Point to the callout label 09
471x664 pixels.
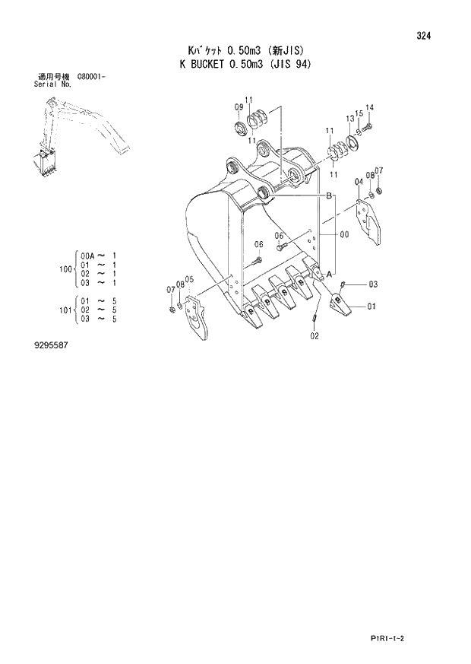pos(238,106)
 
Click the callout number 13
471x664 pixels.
pos(350,118)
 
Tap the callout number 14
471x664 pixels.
pos(370,106)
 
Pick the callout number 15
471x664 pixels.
pos(359,113)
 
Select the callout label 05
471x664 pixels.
pos(189,278)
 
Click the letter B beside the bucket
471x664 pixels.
pos(329,196)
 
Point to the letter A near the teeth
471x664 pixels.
pos(330,274)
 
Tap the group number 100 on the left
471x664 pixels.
pos(64,268)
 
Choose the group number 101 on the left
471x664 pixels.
pos(64,311)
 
